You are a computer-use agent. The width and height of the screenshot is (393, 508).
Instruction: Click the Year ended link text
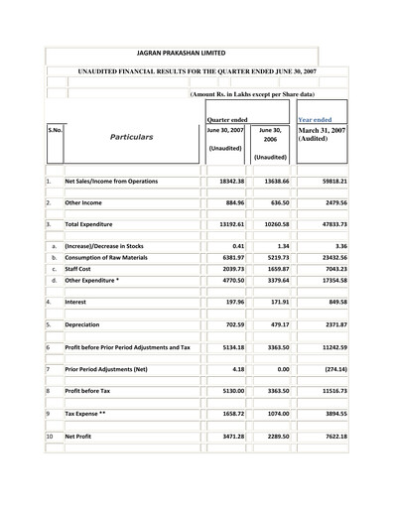(x=321, y=119)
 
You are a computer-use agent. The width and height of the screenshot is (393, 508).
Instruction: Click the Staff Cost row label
(x=86, y=268)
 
